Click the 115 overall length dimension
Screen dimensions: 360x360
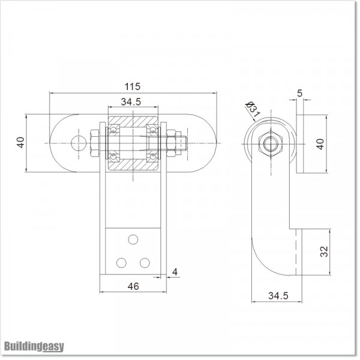coord(133,86)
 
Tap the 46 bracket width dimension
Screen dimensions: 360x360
coord(133,287)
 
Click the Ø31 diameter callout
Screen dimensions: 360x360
coord(252,110)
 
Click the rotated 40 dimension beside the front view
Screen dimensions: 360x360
coord(20,143)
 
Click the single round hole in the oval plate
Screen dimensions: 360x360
coord(77,143)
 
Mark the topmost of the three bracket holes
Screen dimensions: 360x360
coord(133,239)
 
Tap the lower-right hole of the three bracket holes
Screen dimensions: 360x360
coord(145,262)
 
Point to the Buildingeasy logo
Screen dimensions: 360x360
coord(34,346)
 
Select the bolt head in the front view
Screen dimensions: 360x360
coord(96,143)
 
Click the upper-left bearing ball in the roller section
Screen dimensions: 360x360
coord(113,128)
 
